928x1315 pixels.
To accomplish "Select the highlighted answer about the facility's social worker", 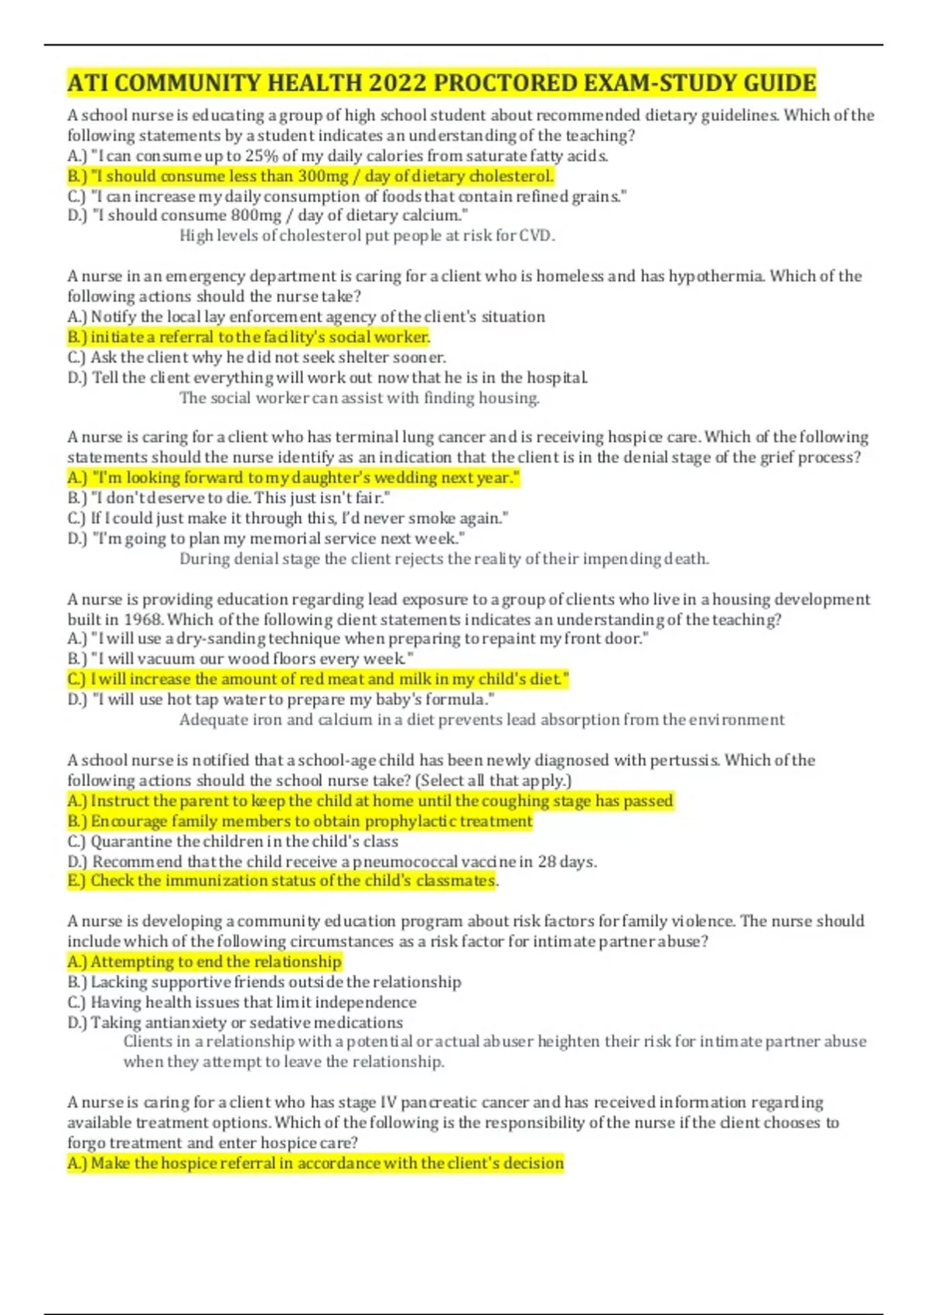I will [249, 337].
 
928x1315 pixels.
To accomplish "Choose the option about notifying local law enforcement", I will [306, 316].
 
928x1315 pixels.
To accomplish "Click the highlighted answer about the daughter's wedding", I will [294, 478].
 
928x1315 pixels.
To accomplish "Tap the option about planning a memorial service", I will [267, 538].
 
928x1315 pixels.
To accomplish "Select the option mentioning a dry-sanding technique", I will [358, 638].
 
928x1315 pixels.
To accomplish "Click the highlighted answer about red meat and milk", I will [319, 679].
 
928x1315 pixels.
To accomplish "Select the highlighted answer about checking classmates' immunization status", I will [282, 881].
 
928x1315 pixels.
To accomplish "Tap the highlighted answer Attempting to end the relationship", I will [205, 961].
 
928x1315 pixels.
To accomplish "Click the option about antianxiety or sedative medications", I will [235, 1022].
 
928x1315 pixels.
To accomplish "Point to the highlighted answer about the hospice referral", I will [316, 1163].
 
